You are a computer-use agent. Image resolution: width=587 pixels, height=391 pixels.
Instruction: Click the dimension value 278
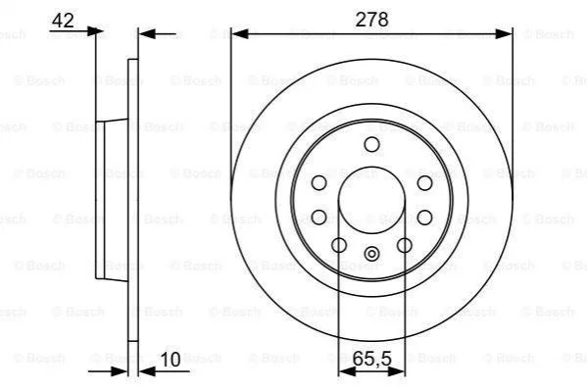(x=371, y=19)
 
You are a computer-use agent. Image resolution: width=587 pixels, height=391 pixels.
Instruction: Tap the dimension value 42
(x=63, y=21)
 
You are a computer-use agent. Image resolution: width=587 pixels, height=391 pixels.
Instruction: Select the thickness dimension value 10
(x=171, y=360)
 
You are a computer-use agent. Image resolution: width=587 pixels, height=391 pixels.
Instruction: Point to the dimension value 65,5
(x=371, y=360)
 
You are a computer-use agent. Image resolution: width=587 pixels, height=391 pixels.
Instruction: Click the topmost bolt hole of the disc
(x=371, y=145)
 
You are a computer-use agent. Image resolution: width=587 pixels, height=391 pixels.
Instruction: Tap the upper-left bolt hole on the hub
(x=318, y=183)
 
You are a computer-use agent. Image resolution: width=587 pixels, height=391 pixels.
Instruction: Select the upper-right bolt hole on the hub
(x=424, y=183)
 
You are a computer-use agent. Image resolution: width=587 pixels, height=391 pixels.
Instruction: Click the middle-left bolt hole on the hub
(x=318, y=218)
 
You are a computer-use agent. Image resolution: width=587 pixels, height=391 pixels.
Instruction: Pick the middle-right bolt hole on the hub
(x=424, y=218)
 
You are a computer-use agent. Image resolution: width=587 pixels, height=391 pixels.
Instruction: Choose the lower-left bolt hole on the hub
(x=339, y=245)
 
